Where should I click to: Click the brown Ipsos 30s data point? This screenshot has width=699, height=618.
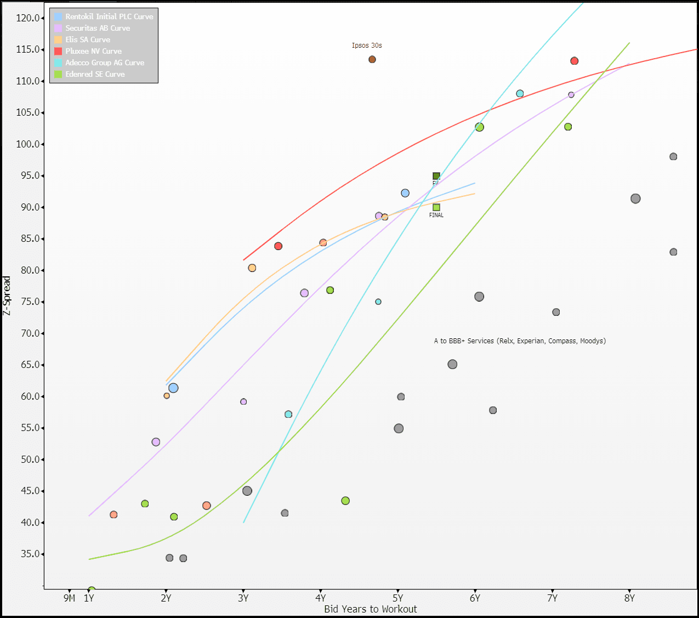coord(372,59)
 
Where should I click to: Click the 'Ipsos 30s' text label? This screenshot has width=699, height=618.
coord(367,46)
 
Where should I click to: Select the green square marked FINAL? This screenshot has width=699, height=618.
coord(436,207)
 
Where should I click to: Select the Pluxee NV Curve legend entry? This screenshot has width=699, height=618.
coord(93,51)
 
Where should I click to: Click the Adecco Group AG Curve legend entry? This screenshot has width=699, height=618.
coord(105,63)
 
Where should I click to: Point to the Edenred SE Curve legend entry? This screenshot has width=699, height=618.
coord(95,74)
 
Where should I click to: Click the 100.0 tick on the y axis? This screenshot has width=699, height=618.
coord(28,144)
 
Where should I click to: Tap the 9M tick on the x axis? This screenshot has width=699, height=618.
coord(69,598)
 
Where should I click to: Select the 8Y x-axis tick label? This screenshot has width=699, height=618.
coord(629,598)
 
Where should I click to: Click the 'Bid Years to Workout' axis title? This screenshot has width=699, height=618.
coord(370,609)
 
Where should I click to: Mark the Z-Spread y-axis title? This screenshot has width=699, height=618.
coord(7,296)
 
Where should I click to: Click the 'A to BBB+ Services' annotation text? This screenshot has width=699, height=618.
coord(520,341)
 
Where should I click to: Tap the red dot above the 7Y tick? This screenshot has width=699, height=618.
coord(574,61)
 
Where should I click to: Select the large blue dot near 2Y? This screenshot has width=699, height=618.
coord(173,388)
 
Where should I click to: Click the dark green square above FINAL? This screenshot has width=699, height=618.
coord(436,176)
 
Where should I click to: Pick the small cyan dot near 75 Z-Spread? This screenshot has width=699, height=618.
coord(378,302)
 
